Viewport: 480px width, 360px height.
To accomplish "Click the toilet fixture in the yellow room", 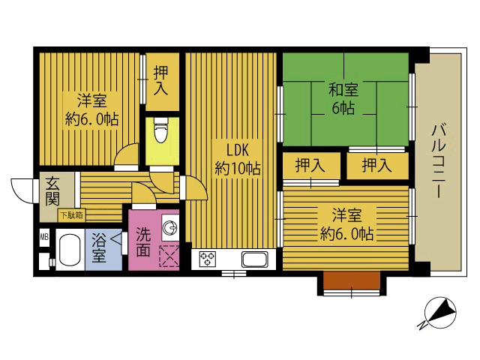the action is (161, 130).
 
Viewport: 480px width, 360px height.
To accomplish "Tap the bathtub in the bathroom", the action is (70, 250).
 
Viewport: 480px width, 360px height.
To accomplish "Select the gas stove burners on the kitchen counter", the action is (208, 259).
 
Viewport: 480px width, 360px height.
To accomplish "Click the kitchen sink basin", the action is (255, 259).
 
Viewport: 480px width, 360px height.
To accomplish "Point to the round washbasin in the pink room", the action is (169, 227).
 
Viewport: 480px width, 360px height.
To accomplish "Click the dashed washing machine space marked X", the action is (169, 256).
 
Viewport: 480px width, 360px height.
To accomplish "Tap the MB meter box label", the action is (44, 237).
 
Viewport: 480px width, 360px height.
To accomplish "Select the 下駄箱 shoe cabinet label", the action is (71, 215).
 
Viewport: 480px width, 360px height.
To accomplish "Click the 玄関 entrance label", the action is (52, 192).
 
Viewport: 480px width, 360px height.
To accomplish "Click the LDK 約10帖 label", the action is (237, 159).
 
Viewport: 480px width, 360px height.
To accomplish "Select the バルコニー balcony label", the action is (438, 160).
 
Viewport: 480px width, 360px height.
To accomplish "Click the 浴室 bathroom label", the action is (99, 247).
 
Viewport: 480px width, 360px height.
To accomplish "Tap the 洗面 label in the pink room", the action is (143, 241).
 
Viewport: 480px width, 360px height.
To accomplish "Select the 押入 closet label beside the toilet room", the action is (161, 80).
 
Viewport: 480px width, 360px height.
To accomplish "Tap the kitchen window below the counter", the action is (234, 273).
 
